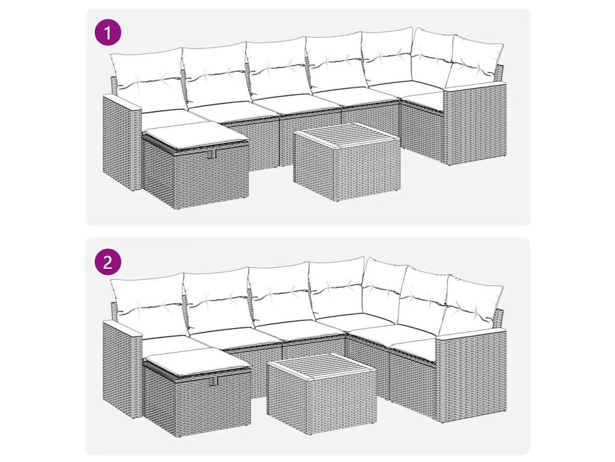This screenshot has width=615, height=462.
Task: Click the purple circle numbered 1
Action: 108,32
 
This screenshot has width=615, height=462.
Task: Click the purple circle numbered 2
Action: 108,262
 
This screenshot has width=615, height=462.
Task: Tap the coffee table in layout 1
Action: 347,162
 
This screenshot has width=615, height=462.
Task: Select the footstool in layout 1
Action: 195,165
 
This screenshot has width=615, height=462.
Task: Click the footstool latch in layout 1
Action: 214,154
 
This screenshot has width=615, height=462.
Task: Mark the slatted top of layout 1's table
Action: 348,135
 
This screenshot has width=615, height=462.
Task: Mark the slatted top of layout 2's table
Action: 322,367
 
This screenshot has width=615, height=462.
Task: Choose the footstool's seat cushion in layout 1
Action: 195,135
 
